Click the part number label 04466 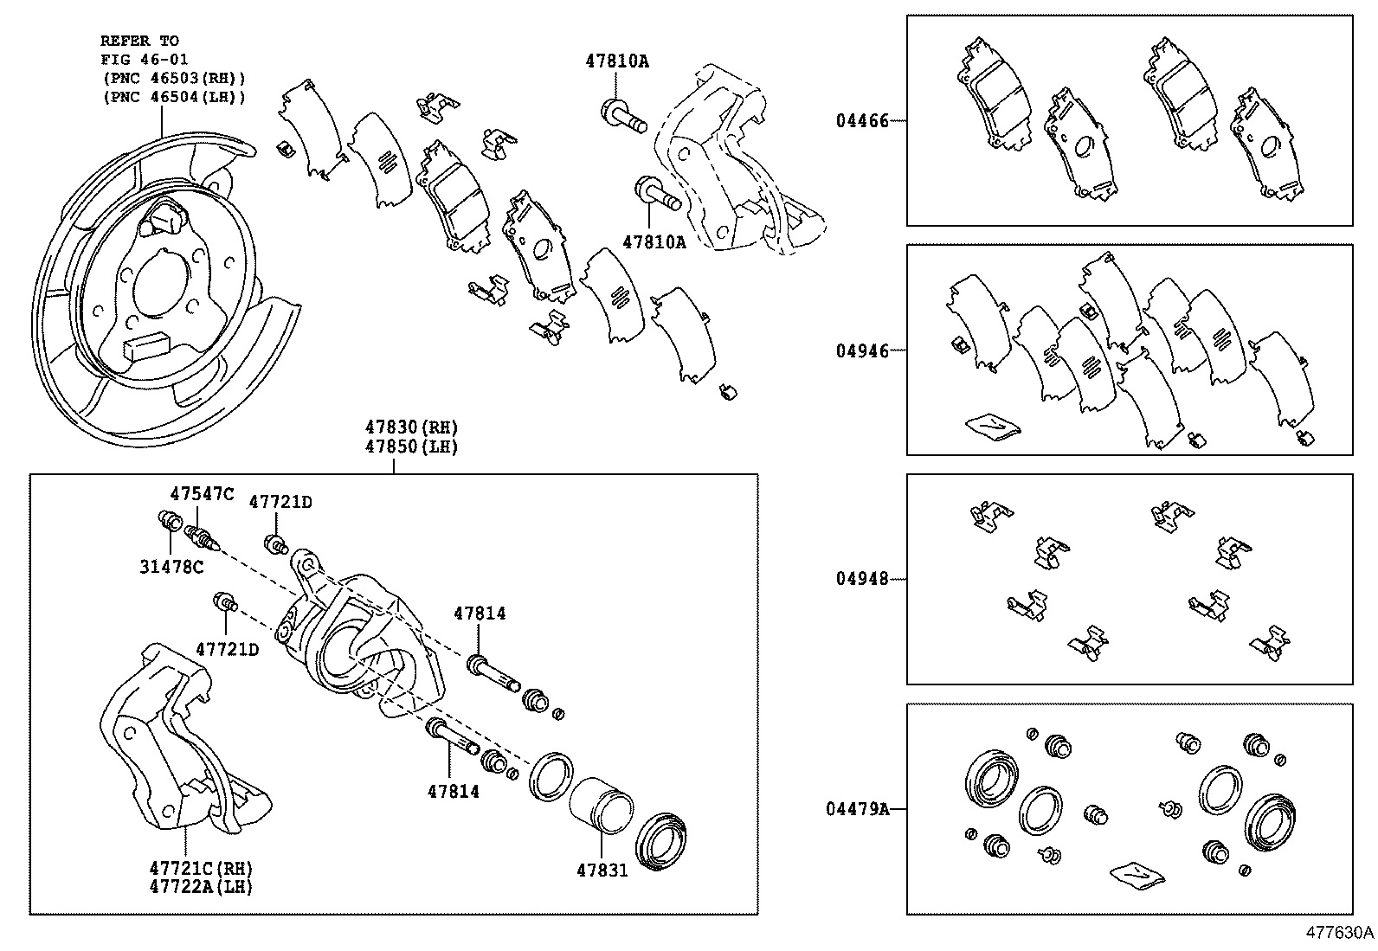coord(862,121)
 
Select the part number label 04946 coord(862,350)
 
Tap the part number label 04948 coord(862,579)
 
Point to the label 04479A coord(857,809)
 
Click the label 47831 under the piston coord(602,870)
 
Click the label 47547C coord(202,494)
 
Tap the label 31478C coord(171,567)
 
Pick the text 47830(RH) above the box coord(410,427)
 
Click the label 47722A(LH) coord(201,887)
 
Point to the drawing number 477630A coord(1339,934)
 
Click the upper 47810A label coord(617,61)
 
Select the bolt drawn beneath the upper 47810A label coord(622,118)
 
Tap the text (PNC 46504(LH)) coord(174,97)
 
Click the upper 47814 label coord(480,614)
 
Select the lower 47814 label coord(453,791)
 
